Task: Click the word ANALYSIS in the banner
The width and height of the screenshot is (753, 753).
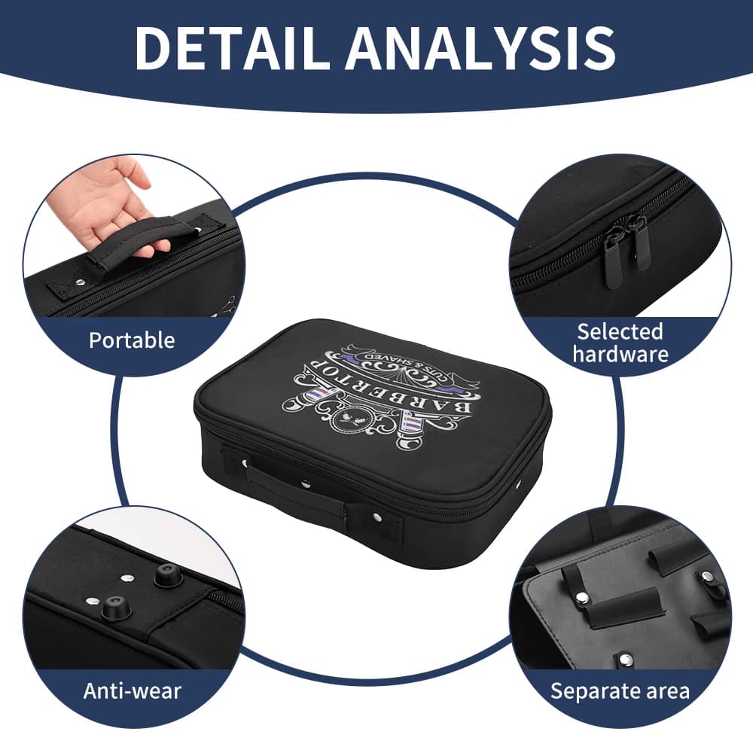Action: (x=482, y=48)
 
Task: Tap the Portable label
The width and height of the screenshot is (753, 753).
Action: (x=132, y=340)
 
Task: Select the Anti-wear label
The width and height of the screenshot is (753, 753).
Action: (x=132, y=691)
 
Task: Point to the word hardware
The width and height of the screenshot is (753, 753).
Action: (x=620, y=355)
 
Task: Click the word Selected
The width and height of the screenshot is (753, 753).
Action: (x=620, y=331)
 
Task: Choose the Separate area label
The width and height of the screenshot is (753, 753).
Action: (x=620, y=691)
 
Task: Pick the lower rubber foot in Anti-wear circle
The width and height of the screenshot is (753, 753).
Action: (x=115, y=608)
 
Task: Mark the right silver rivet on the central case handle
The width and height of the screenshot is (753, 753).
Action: (x=376, y=517)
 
